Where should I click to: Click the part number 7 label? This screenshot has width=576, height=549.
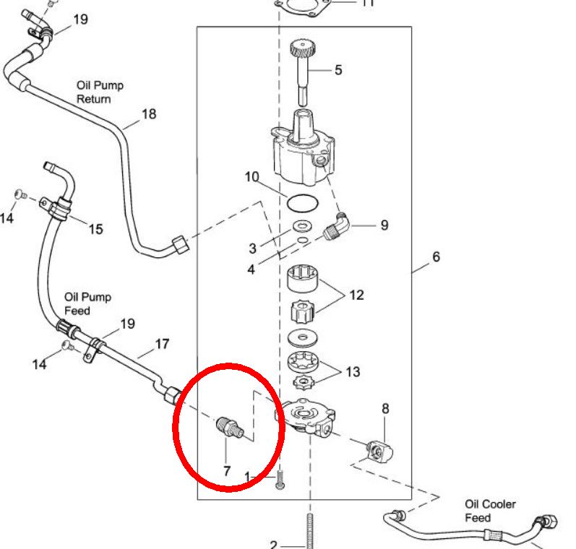[226, 471]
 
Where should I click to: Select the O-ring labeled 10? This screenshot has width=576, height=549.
[300, 202]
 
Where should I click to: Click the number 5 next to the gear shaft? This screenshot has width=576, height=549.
[338, 70]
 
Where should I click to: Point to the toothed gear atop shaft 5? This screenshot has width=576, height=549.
[301, 50]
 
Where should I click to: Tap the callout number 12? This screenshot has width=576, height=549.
[356, 295]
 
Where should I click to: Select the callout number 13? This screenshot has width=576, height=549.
[353, 372]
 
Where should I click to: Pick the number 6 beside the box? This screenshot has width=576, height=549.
[436, 256]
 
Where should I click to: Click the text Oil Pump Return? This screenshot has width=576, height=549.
[100, 92]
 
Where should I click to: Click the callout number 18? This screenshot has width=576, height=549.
[148, 114]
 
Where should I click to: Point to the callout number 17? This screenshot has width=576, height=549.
[161, 345]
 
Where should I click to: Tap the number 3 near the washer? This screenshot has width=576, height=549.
[252, 248]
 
